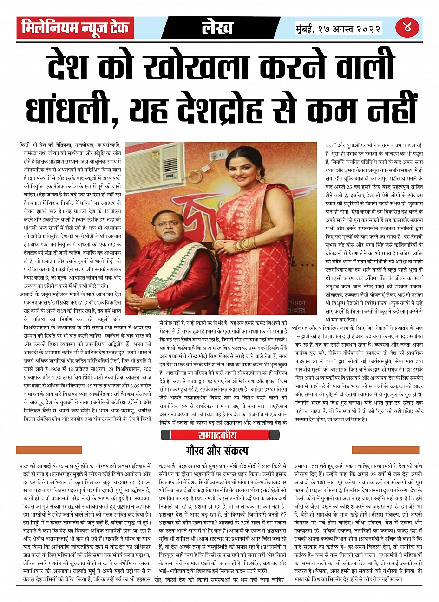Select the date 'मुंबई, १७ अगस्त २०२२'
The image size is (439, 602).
[338, 28]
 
